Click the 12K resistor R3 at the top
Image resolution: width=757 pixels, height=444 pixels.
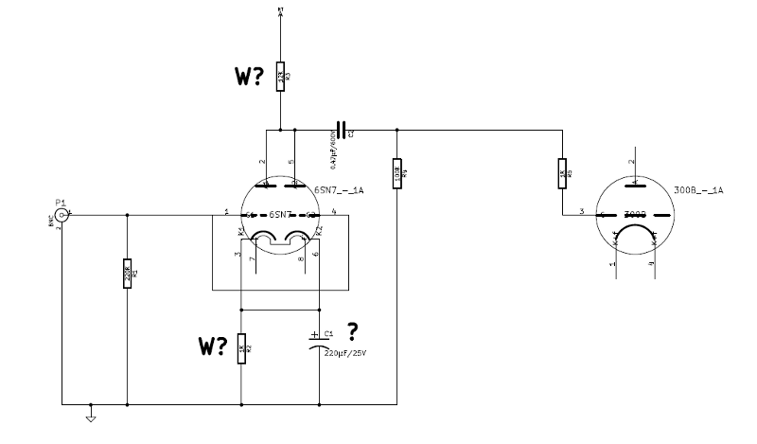click(x=281, y=77)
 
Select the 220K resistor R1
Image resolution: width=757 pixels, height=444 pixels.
click(x=127, y=275)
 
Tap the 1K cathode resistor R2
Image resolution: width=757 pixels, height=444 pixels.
click(x=241, y=348)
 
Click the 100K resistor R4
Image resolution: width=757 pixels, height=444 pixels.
click(x=396, y=173)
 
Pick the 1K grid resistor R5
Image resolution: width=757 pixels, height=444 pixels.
click(x=564, y=173)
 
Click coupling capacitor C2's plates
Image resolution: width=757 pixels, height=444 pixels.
click(x=342, y=128)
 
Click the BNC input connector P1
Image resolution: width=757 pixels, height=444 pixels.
click(x=62, y=216)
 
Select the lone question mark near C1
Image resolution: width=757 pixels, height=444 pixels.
click(x=354, y=329)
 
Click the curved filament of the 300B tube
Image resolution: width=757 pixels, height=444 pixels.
click(x=635, y=232)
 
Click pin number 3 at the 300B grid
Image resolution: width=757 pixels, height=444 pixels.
click(x=581, y=210)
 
